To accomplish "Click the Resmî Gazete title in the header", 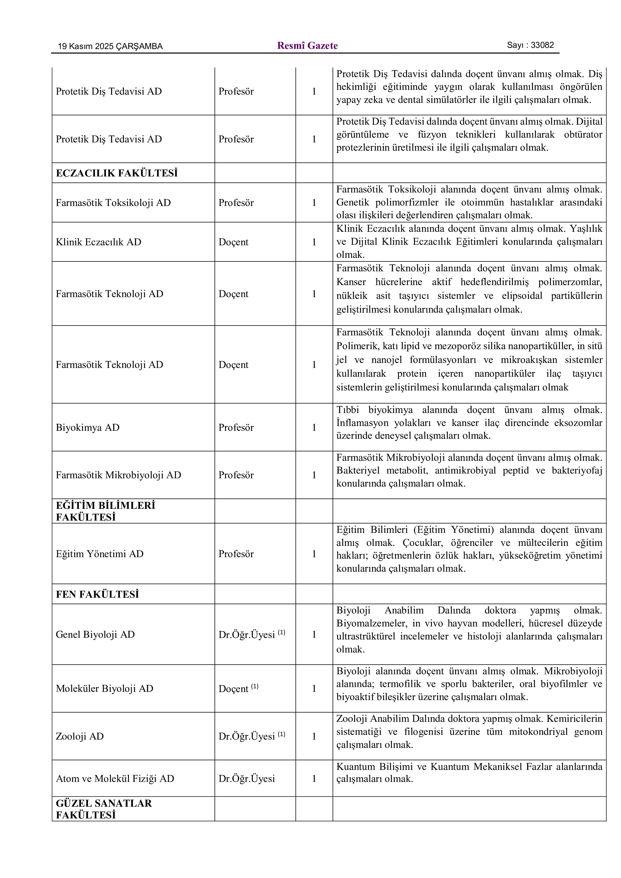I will (x=307, y=46).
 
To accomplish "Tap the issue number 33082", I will (x=542, y=45).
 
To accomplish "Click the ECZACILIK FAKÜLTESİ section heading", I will (x=117, y=173).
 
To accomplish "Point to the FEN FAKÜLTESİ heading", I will (x=97, y=594).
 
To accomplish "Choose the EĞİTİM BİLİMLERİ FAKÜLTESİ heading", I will (x=106, y=511).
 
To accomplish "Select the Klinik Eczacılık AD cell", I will (x=98, y=242).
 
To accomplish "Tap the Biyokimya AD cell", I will (x=88, y=427).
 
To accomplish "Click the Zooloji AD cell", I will (x=80, y=736).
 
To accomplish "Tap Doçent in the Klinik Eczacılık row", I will (x=233, y=242).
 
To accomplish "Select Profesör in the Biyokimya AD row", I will (x=236, y=427).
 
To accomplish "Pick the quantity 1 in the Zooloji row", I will (x=314, y=736).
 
